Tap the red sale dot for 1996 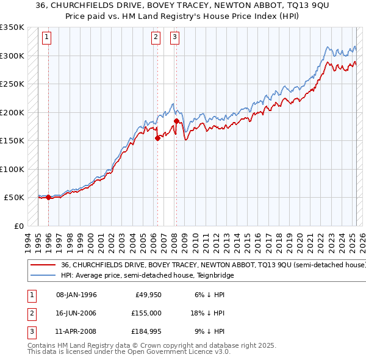48,197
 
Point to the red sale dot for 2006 157,138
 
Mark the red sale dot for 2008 176,121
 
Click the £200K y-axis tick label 12,112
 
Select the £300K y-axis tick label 12,56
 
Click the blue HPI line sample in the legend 42,275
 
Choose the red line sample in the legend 42,265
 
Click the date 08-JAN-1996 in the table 76,295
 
